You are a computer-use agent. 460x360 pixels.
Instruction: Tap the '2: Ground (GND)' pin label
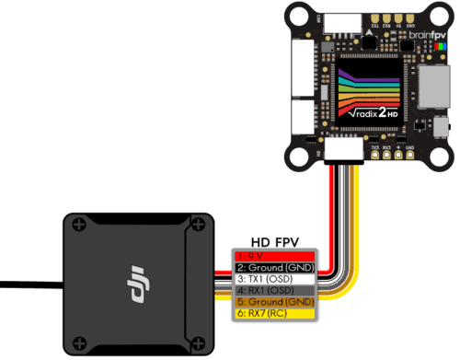[x=274, y=266]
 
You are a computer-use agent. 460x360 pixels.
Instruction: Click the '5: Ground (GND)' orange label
[x=274, y=302]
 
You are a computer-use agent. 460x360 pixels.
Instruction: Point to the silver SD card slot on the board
[x=429, y=88]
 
